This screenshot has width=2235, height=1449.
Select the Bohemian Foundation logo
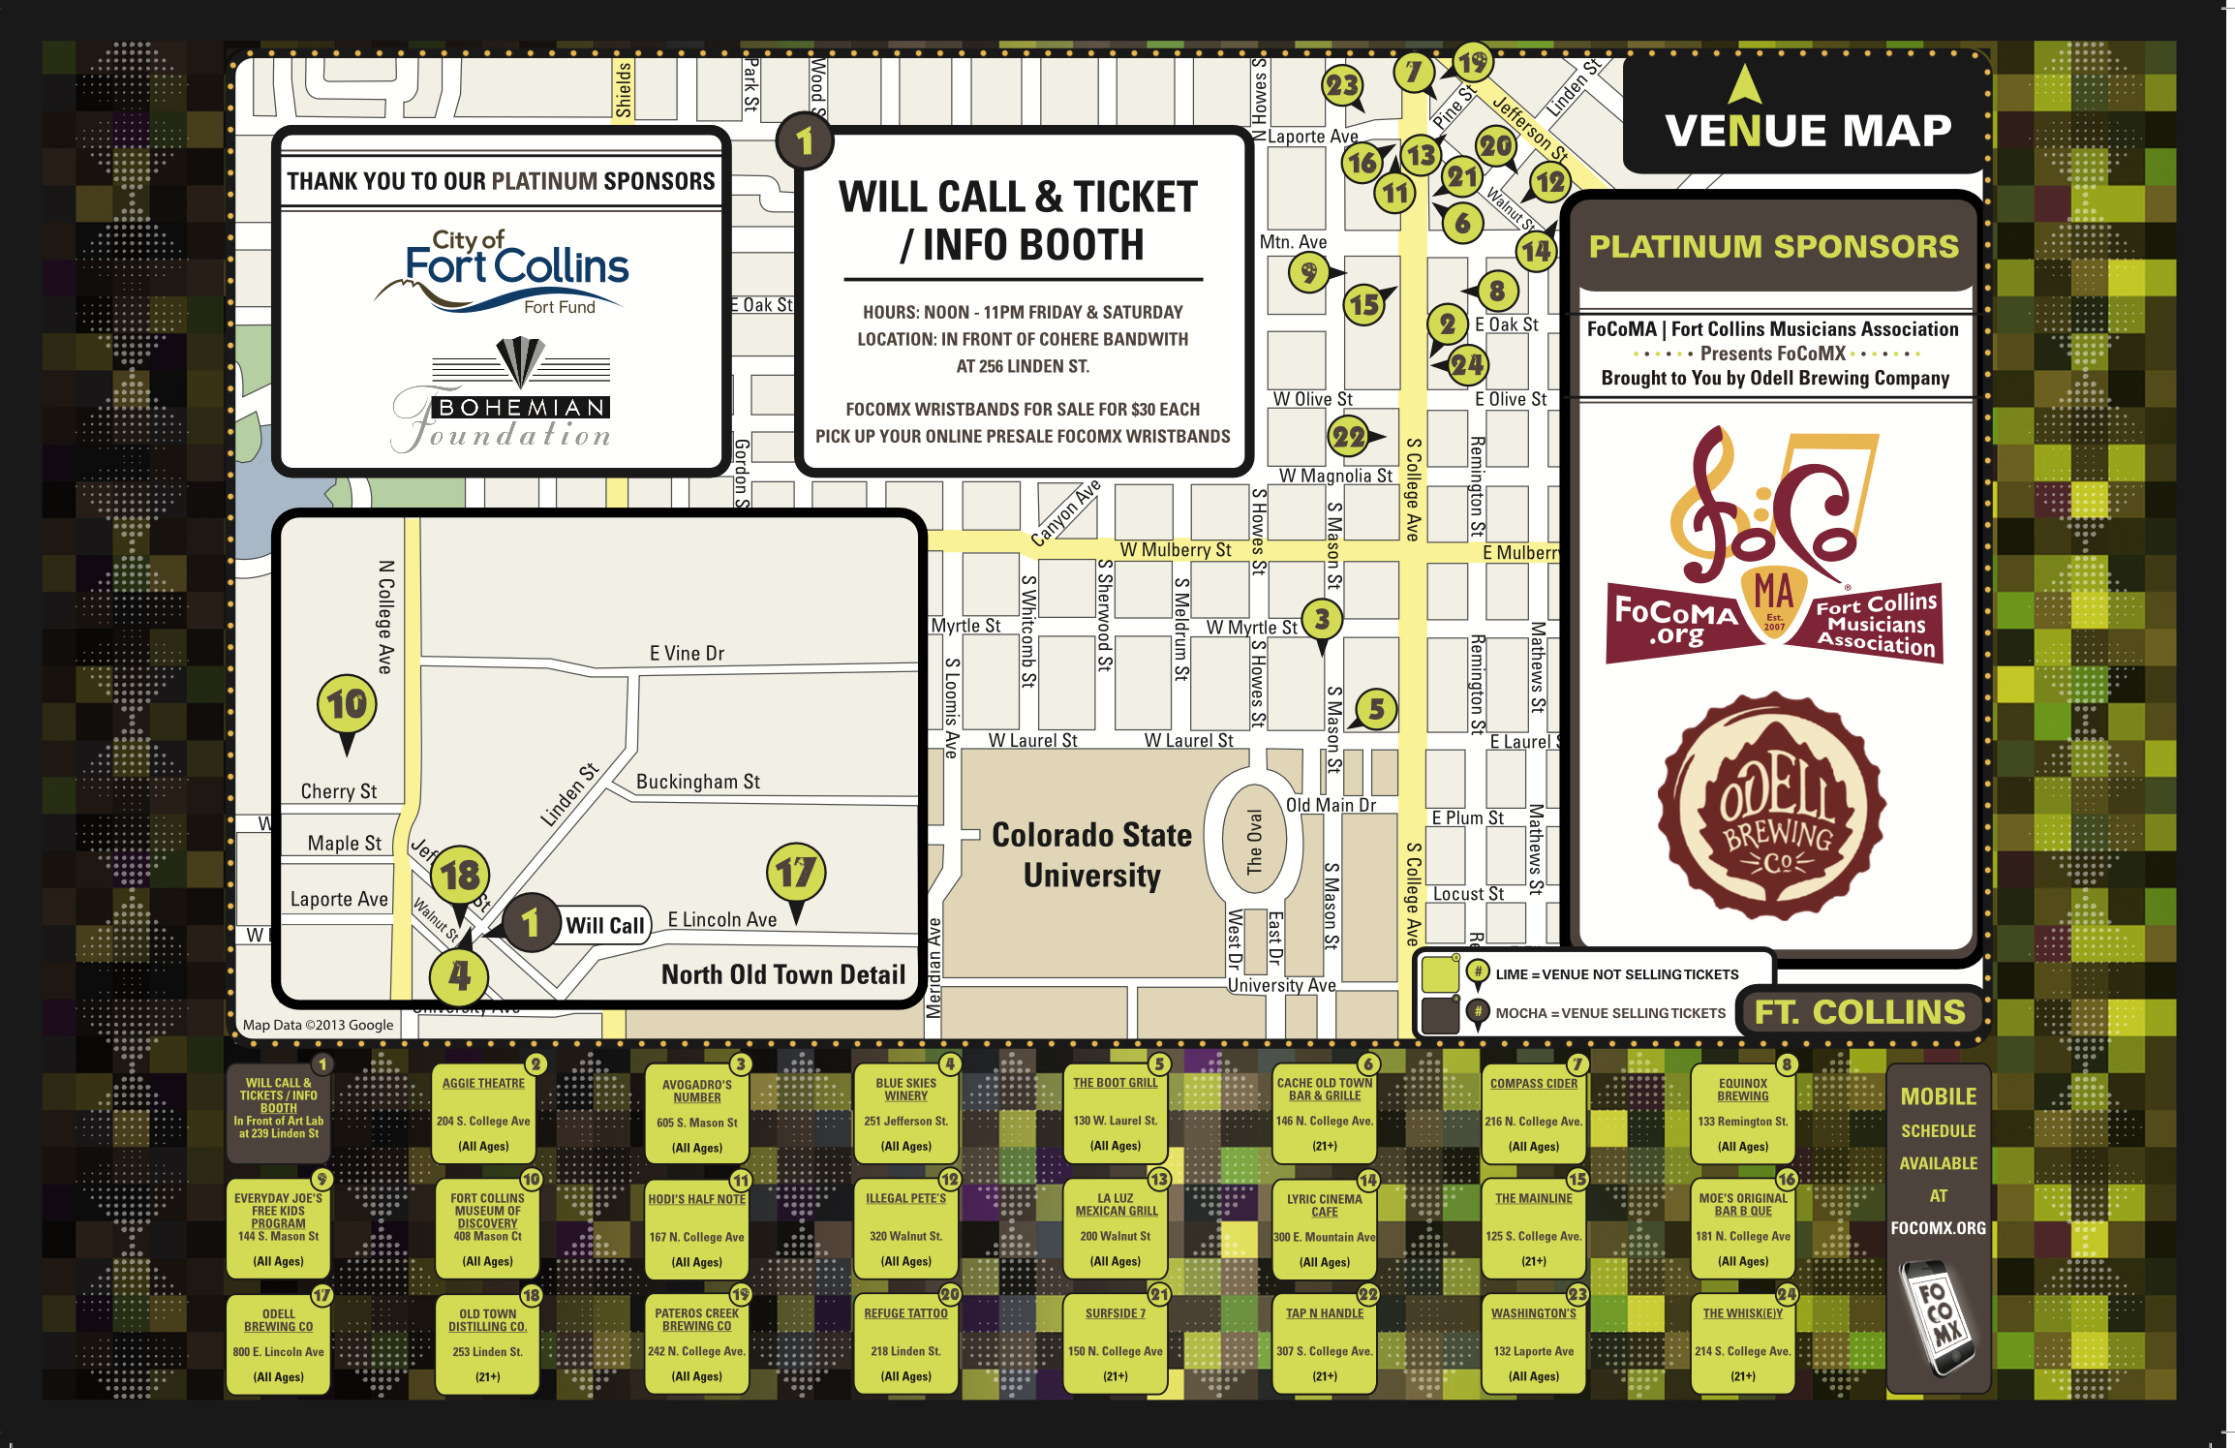pos(503,397)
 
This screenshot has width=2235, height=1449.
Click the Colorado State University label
pos(1091,854)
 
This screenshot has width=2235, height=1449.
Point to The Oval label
pos(1254,842)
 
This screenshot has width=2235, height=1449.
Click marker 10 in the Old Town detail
pos(347,706)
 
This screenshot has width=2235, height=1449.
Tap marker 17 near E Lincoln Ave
pos(796,874)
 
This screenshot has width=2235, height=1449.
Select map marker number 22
pos(1349,438)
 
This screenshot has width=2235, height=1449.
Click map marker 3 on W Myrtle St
pos(1322,620)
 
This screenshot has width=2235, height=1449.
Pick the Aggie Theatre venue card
pos(484,1115)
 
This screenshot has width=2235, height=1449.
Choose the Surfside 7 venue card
pos(1116,1344)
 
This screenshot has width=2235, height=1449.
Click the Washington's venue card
pos(1534,1344)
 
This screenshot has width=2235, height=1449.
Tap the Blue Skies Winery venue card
pos(906,1115)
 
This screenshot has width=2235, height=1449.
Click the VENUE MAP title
pos(1808,131)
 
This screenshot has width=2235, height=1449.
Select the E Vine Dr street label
pos(687,654)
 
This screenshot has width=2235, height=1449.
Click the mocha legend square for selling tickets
pos(1439,1014)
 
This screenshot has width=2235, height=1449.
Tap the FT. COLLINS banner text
pos(1859,1012)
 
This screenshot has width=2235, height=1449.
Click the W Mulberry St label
pos(1176,550)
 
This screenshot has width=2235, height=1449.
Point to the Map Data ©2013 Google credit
pos(318,1025)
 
